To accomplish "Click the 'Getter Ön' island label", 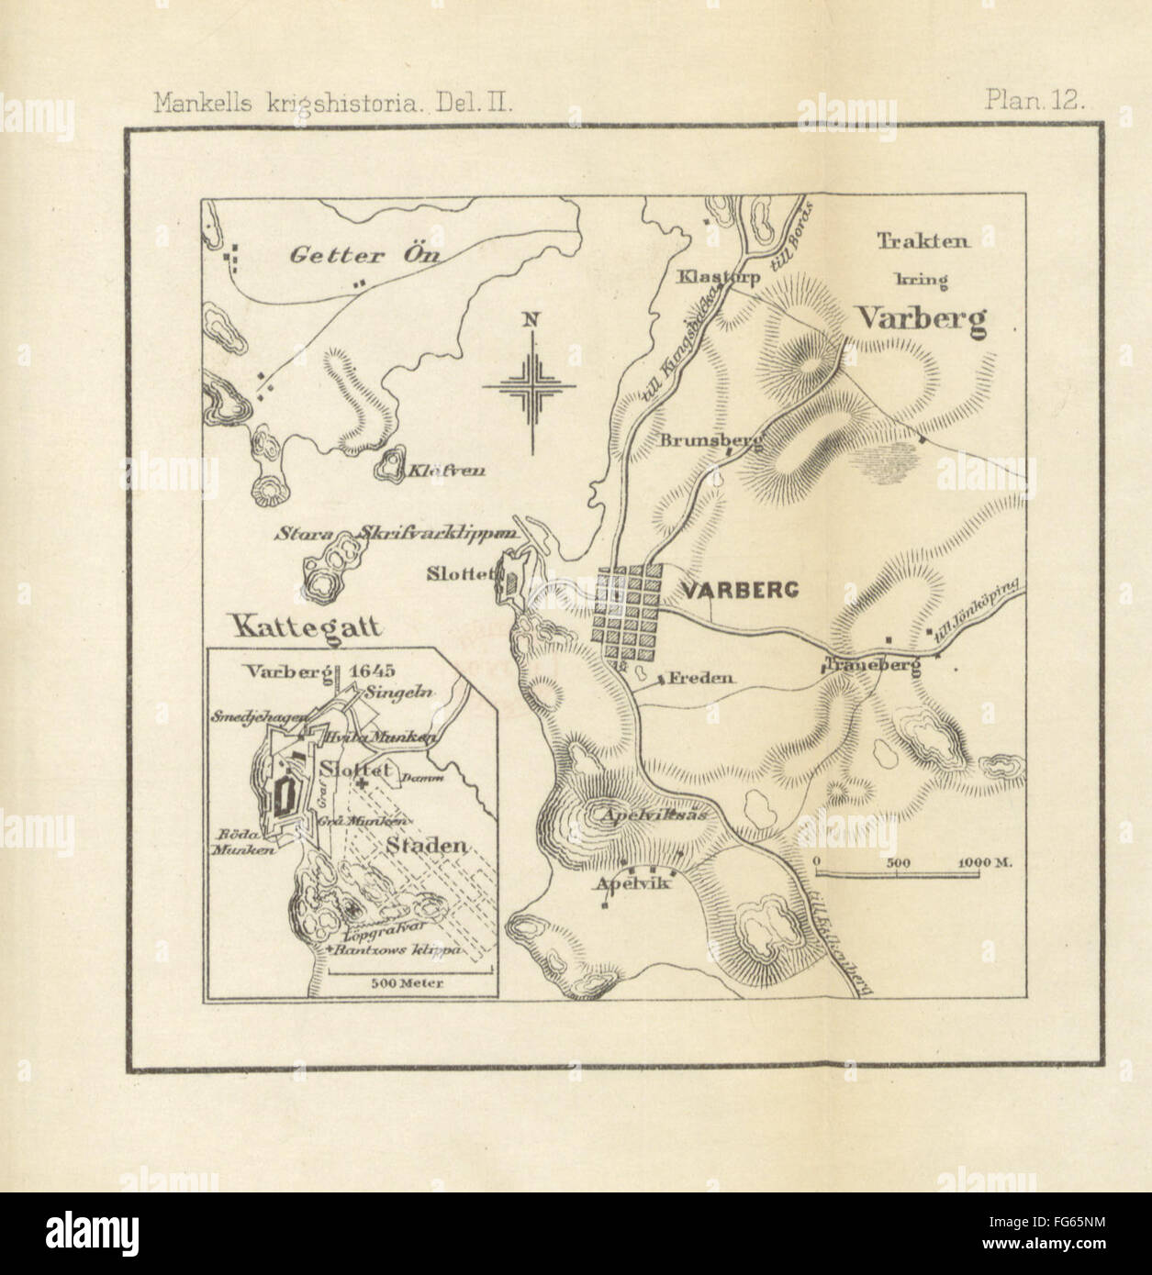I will tap(364, 256).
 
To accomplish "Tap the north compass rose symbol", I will tap(531, 386).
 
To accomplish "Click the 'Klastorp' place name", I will tap(718, 276).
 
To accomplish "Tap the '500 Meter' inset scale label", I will tap(408, 982).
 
